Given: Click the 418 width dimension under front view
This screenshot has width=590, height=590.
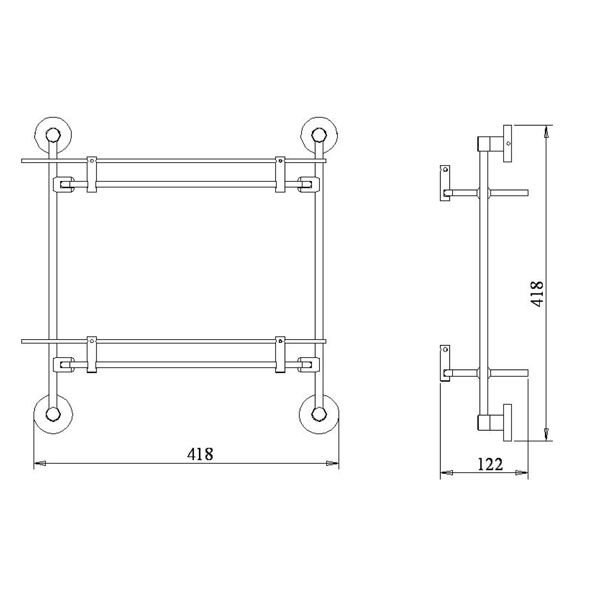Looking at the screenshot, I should click(x=200, y=454).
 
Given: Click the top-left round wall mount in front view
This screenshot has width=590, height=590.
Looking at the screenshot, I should click(x=53, y=135).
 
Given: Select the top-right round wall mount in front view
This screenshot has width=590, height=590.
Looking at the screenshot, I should click(x=319, y=135).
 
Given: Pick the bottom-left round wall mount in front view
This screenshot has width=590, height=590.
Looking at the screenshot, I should click(x=53, y=414).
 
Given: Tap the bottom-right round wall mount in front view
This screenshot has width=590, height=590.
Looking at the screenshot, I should click(x=319, y=414).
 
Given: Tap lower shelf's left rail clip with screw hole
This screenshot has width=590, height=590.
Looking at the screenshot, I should click(x=92, y=354).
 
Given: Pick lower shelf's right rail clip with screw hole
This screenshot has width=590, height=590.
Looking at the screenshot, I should click(x=280, y=354).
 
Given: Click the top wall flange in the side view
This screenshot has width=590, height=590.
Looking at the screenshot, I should click(x=507, y=143).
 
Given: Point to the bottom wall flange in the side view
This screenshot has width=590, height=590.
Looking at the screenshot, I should click(x=507, y=422).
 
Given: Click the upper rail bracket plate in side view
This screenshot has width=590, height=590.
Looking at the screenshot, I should click(x=445, y=183).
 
